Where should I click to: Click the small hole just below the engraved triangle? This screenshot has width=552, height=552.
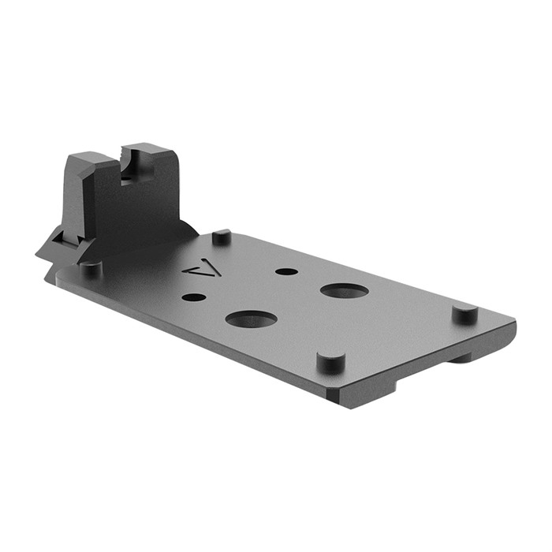193,298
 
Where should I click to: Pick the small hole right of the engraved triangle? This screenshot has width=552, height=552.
286,271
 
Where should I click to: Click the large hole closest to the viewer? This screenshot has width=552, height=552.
251,319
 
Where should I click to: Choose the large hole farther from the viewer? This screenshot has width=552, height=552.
345,290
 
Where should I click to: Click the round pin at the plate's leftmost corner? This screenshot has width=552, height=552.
91,268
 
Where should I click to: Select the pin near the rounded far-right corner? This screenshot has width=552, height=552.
465,313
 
